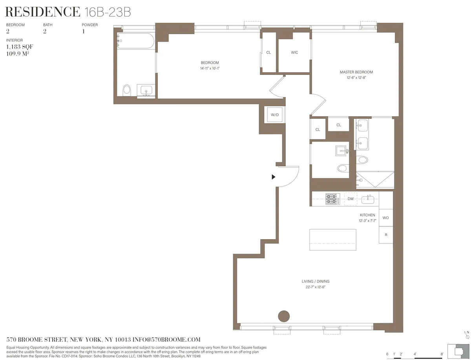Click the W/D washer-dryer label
(275, 115)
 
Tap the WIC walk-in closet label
(294, 53)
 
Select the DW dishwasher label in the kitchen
(351, 199)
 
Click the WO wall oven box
(385, 218)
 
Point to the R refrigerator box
(385, 235)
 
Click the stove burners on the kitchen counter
(332, 199)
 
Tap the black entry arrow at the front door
(274, 177)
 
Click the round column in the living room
(283, 316)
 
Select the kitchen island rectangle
(333, 240)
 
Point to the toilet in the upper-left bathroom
(126, 90)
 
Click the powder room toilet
(342, 168)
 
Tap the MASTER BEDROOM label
(356, 72)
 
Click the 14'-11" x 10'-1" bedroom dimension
(210, 69)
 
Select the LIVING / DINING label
(315, 282)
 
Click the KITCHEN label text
(367, 215)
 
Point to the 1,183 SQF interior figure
(16, 46)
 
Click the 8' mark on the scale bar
(442, 354)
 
